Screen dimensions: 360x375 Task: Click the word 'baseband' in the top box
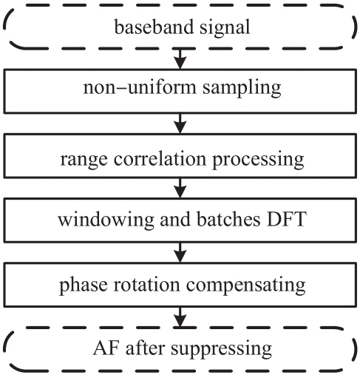coord(154,27)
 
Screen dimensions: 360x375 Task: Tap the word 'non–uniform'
coord(140,87)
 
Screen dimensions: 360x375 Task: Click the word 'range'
coord(84,161)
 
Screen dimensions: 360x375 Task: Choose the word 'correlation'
coord(160,158)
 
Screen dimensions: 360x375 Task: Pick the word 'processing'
coord(258,161)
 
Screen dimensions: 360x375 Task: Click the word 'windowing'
coord(106,220)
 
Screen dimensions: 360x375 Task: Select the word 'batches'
coord(228,219)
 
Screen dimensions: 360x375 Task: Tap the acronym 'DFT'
coord(287,219)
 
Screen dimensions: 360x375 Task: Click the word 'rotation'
coord(146,284)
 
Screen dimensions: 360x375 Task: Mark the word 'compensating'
coord(245,286)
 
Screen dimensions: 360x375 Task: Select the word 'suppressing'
coord(221,350)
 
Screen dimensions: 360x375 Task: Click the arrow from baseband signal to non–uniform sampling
coord(180,59)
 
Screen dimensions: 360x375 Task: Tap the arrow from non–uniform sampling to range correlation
coord(180,124)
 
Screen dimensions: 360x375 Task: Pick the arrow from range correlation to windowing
coord(180,188)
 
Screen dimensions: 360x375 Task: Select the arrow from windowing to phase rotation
coord(180,253)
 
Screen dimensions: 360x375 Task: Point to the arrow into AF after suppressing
coord(180,317)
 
